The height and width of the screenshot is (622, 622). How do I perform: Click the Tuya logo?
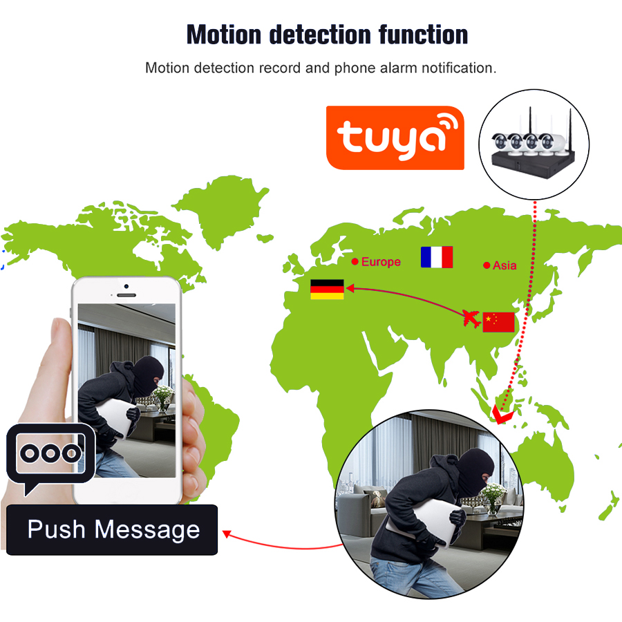click(x=395, y=138)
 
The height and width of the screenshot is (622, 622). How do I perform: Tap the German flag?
click(x=327, y=289)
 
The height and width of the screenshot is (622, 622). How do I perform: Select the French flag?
click(x=437, y=256)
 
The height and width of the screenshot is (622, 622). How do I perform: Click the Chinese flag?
click(x=498, y=322)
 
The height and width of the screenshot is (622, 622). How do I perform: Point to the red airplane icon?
click(x=471, y=319)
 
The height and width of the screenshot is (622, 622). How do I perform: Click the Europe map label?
click(x=381, y=262)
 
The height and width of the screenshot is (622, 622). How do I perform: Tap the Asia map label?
click(x=505, y=265)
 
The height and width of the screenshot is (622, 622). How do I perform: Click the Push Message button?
click(x=112, y=529)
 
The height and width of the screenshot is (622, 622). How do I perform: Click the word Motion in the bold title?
click(x=224, y=35)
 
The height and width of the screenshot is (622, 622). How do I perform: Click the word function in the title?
click(x=423, y=35)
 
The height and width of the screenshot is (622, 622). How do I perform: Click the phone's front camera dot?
click(x=126, y=286)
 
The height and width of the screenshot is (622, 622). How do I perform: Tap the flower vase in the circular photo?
click(x=492, y=499)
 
